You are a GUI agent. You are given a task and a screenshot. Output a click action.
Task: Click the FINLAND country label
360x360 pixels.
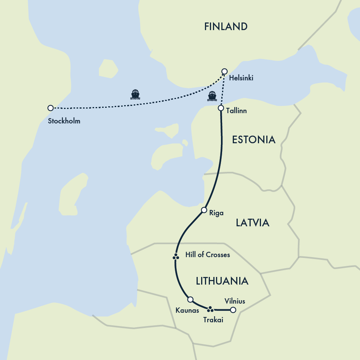[226, 26]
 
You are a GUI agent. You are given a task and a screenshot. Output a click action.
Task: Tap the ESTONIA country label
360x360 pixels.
[254, 139]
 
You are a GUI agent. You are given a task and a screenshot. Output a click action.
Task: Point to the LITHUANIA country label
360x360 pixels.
[222, 281]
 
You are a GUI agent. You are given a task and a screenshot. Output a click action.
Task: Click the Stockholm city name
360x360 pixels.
[64, 122]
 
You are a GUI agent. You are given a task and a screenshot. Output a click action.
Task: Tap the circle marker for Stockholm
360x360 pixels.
[50, 108]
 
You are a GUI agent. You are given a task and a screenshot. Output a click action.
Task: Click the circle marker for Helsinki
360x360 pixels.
[224, 71]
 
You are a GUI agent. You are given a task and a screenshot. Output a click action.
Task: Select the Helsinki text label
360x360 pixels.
[241, 78]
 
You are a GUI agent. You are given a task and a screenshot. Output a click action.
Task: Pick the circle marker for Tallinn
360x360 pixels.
[221, 108]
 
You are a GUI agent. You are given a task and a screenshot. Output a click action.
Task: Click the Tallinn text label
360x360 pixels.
[236, 111]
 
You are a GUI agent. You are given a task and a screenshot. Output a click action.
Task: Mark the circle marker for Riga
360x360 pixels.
[204, 210]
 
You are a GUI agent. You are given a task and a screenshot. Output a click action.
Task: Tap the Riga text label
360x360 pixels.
[216, 213]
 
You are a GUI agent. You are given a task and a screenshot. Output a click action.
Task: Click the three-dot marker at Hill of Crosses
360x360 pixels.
[176, 257]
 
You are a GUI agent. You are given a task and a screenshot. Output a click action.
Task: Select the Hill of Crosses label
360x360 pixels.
[207, 254]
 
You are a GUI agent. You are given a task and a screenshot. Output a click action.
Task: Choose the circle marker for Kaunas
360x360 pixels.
[190, 299]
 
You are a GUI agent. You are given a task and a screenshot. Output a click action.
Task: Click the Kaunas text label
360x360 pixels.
[187, 310]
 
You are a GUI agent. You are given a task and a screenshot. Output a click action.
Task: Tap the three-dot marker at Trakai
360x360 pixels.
[210, 308]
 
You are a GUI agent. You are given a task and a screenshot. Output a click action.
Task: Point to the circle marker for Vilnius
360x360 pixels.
[233, 310]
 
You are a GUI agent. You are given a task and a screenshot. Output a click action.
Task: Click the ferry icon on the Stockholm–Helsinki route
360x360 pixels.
[135, 94]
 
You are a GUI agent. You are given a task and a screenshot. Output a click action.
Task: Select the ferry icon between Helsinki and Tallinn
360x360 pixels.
[212, 96]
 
